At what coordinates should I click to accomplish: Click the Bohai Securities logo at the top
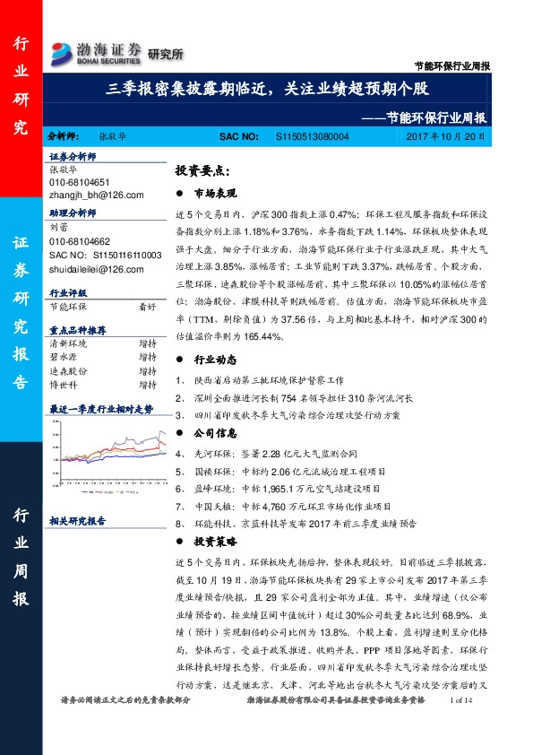97,52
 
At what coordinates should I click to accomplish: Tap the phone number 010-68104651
80,181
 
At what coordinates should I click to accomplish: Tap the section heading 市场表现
215,193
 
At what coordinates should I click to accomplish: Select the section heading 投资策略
215,541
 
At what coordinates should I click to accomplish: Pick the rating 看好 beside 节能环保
147,306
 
